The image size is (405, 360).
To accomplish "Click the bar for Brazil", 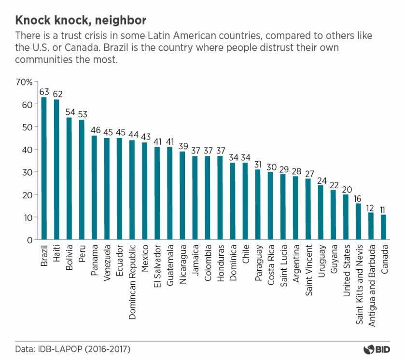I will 44,168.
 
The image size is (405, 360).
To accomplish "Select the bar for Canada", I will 384,227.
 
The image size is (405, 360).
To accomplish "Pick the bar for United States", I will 346,217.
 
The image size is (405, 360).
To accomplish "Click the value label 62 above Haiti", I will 56,94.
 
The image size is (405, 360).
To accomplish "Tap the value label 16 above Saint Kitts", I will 358,198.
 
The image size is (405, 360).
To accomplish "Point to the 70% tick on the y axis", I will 24,82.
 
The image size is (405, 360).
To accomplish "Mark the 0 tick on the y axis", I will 29,240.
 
